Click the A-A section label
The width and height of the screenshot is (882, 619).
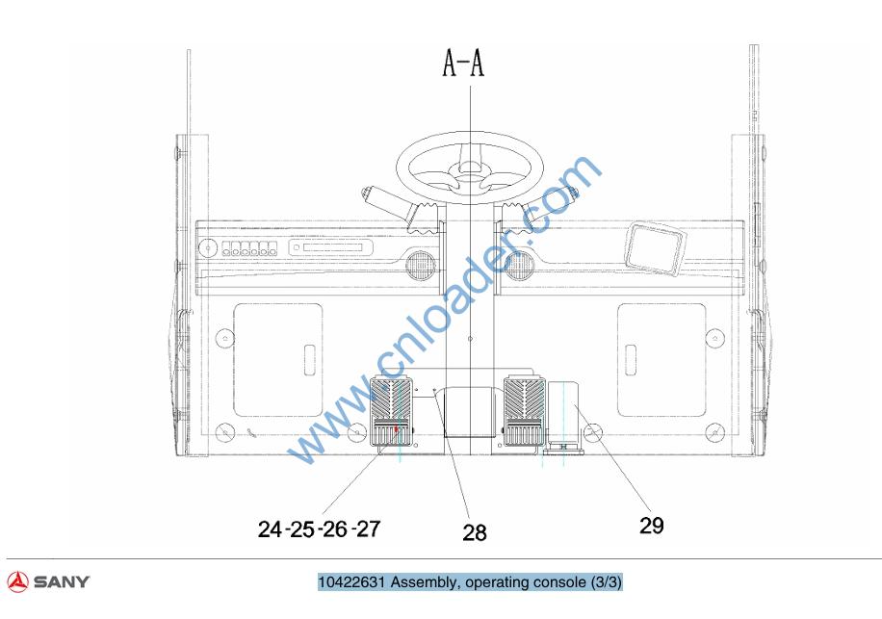(x=463, y=63)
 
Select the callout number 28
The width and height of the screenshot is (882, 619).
(x=474, y=532)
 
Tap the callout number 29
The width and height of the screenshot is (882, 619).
(x=651, y=525)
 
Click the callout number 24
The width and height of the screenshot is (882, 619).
(x=270, y=529)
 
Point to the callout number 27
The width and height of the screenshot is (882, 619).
(x=369, y=529)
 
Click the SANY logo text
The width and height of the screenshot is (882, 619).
(x=62, y=581)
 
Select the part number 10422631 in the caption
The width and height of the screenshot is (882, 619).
(x=351, y=581)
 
